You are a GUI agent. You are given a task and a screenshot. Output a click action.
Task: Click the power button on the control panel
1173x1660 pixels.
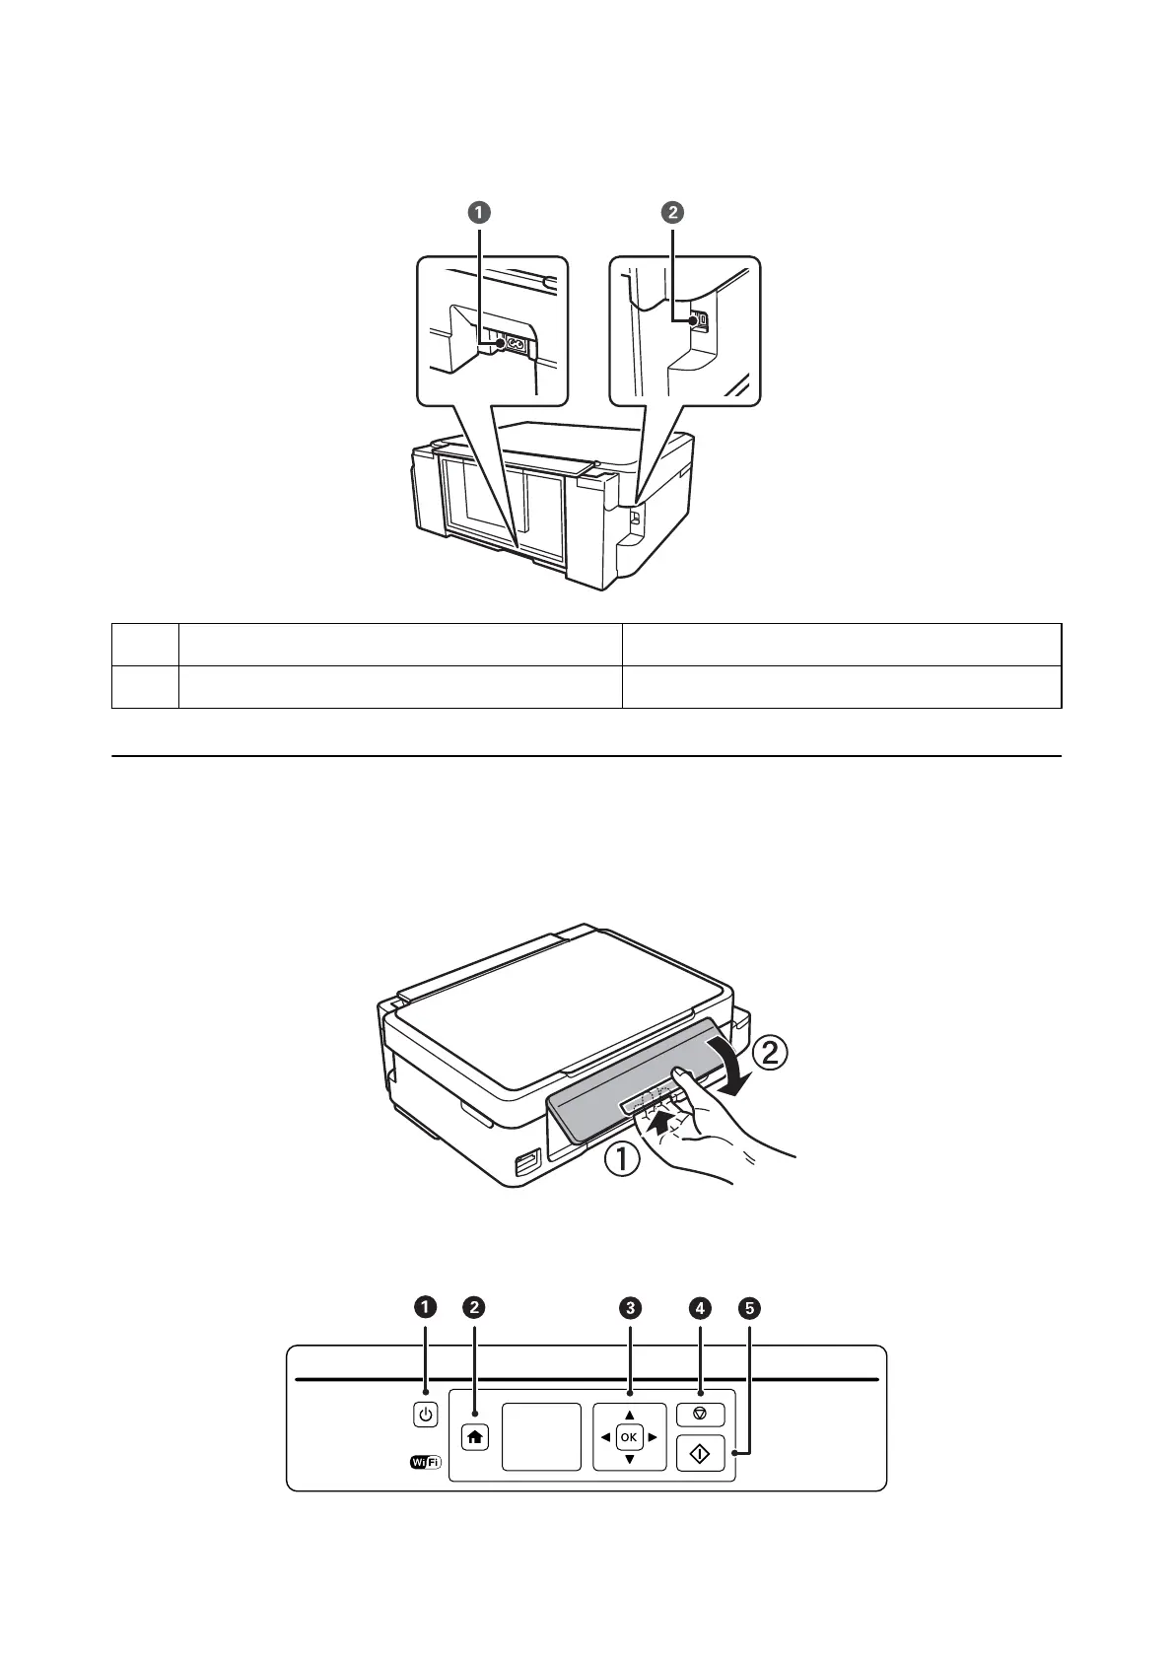425,1416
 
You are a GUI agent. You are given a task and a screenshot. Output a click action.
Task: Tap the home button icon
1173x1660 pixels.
475,1437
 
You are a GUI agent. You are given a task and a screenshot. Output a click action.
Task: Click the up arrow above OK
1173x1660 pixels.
629,1416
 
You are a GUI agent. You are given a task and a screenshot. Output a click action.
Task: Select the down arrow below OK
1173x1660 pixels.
629,1459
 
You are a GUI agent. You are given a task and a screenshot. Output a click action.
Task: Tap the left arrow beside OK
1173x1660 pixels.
605,1437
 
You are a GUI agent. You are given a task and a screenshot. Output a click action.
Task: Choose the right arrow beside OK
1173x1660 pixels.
653,1437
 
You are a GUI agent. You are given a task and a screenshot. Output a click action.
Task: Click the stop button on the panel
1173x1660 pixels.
700,1414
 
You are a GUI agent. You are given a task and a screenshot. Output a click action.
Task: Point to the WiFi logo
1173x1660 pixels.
425,1463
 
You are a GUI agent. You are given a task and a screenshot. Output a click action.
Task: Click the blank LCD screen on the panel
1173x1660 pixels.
541,1437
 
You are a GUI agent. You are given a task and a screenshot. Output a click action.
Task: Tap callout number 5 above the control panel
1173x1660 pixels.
751,1308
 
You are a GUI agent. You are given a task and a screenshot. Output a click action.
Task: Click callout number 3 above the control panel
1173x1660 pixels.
630,1307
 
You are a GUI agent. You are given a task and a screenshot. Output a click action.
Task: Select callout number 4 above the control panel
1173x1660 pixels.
700,1307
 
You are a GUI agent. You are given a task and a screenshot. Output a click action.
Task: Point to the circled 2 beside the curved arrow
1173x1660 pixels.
771,1053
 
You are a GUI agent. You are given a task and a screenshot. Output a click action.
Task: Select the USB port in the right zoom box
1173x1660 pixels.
696,320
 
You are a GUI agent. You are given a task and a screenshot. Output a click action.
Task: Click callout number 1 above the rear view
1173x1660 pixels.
479,212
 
